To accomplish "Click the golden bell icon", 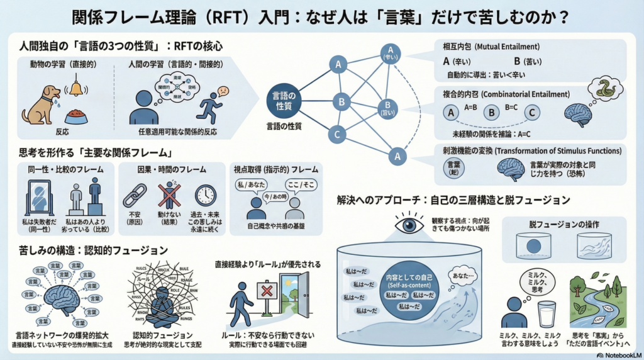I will pos(77,88).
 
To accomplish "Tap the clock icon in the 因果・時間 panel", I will pos(205,196).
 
